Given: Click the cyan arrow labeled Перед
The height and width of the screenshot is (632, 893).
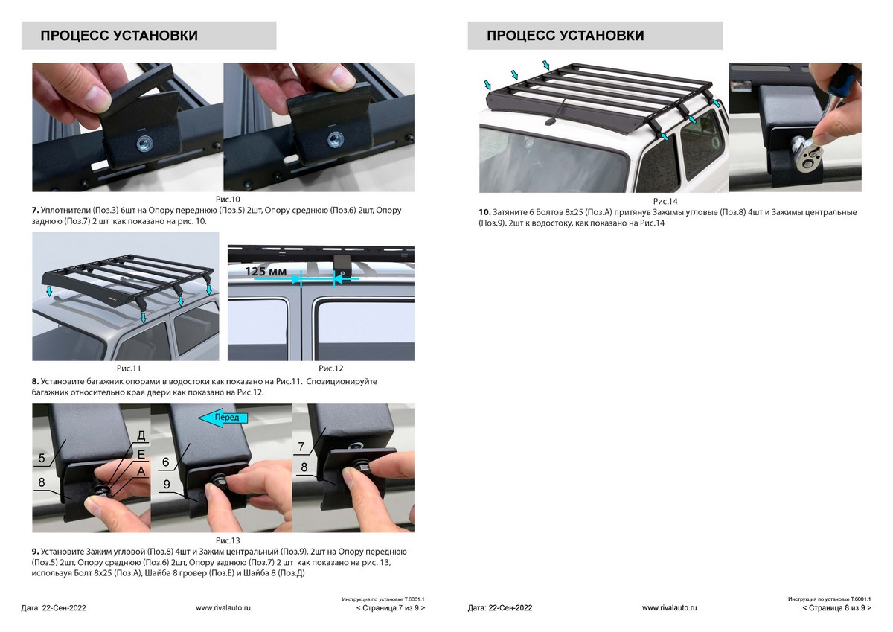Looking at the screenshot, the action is (223, 418).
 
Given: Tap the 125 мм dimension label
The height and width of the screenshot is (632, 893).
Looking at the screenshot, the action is (266, 272).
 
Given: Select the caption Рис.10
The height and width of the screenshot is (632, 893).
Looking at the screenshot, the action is (228, 199).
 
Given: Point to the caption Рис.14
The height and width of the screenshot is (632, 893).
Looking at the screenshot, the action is (665, 202).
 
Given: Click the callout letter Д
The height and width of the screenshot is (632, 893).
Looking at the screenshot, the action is (141, 435).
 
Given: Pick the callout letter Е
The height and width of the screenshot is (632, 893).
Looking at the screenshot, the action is (141, 454).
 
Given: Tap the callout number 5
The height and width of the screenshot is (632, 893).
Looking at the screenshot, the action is (42, 458).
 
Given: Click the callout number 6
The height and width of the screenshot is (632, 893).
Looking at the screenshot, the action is (166, 462).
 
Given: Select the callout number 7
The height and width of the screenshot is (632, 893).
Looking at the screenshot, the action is (301, 447).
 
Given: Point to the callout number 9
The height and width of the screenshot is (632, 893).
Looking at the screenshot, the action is (167, 484).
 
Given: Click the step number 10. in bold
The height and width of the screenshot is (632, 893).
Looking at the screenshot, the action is (484, 212).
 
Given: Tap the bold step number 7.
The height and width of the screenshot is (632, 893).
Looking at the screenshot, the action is (36, 210).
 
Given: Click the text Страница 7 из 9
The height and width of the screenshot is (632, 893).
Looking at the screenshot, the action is (391, 607).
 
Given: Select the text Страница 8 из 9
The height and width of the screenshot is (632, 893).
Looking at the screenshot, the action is (836, 607).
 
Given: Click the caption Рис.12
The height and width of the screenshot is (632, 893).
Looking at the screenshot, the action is (331, 368).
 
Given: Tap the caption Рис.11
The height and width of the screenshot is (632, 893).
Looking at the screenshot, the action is (129, 368).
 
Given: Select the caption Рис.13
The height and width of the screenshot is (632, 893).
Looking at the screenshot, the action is (228, 540).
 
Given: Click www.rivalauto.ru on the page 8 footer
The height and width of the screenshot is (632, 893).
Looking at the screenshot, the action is (669, 607).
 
